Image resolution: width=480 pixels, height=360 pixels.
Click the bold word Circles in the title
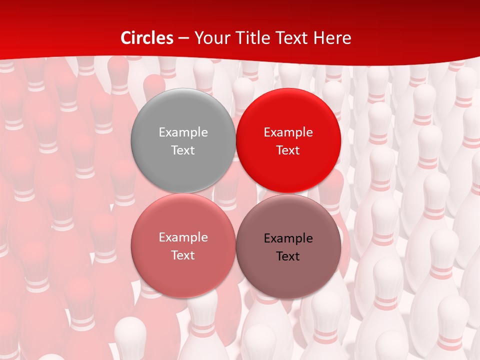(x=146, y=38)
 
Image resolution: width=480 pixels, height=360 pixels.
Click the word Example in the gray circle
(x=183, y=132)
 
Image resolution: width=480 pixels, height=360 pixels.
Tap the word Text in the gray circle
(x=183, y=150)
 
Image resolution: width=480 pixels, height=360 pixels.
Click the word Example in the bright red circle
(x=288, y=132)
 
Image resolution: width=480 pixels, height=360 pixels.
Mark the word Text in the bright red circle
(x=288, y=150)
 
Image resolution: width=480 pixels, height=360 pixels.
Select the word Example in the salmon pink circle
(x=183, y=237)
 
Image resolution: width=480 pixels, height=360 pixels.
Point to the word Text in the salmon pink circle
(x=183, y=255)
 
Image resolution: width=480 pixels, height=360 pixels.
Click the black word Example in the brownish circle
(x=288, y=238)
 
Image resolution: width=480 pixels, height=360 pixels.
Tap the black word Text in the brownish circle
(x=288, y=256)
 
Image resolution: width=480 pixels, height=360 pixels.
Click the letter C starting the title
(x=126, y=38)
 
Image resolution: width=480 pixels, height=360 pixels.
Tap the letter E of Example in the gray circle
(x=162, y=132)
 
